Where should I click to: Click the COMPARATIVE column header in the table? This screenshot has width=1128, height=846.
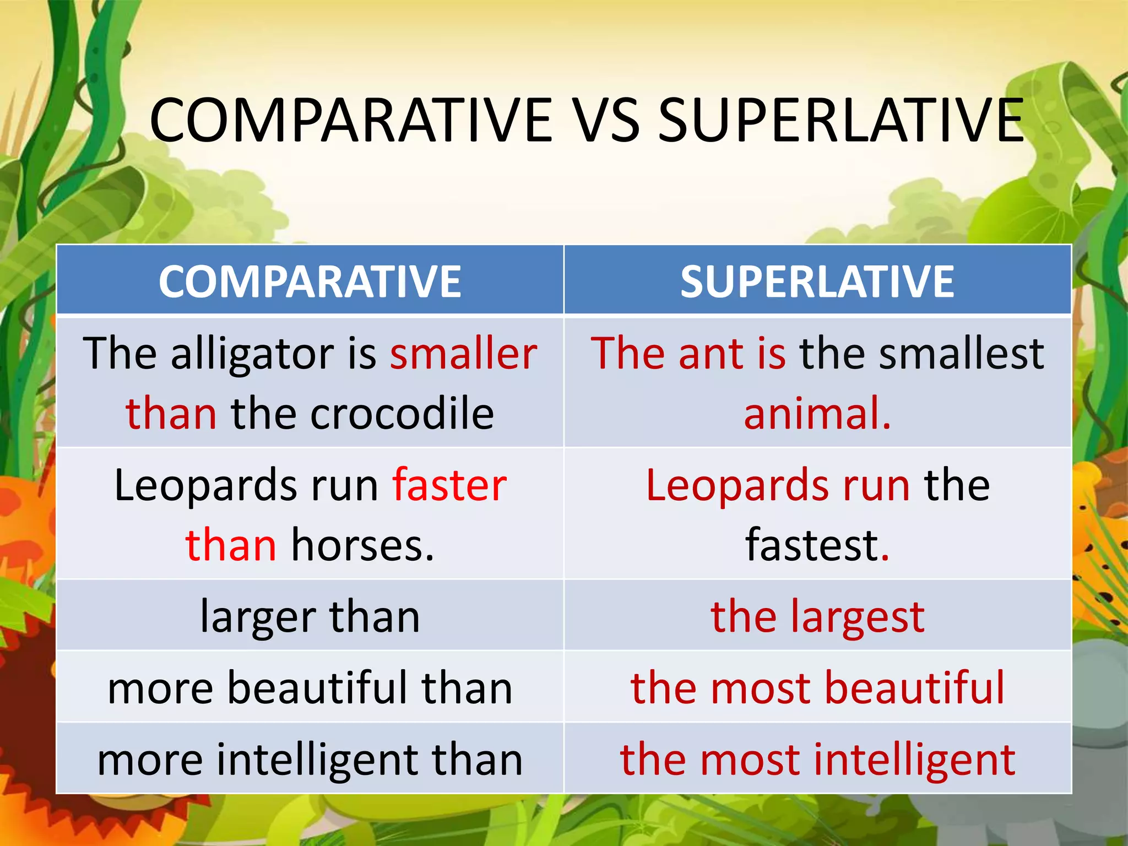click(310, 281)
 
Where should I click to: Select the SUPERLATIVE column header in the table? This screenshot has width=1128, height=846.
click(817, 281)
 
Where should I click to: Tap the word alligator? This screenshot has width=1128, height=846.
click(252, 354)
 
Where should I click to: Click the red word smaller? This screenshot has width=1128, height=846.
click(463, 354)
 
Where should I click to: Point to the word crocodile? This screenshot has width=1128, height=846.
click(402, 414)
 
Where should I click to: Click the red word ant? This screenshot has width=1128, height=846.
click(711, 354)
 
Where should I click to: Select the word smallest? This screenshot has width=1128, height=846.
click(962, 354)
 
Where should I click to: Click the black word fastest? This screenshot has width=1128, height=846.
click(812, 545)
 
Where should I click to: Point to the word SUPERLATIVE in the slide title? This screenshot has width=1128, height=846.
click(841, 121)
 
